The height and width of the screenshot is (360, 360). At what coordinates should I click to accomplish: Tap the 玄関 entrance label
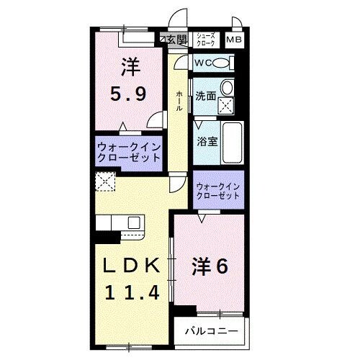(x=176, y=39)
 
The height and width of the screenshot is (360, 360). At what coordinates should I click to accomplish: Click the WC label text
(x=203, y=63)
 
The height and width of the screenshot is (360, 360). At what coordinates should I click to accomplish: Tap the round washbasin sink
(x=227, y=88)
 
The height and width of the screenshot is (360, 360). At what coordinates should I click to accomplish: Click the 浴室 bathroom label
(x=207, y=141)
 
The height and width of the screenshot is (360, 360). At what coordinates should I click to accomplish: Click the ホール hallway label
(x=178, y=100)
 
